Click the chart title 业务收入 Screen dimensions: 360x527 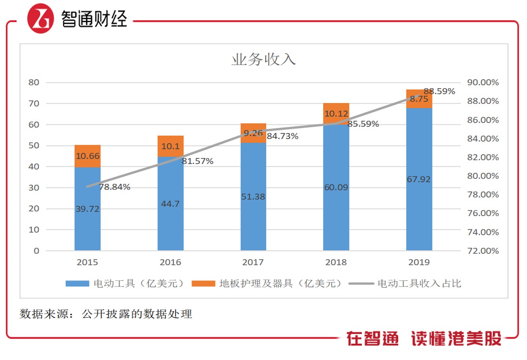(x=263, y=59)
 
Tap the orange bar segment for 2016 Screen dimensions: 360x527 (x=171, y=146)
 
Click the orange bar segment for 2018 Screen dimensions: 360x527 (x=336, y=114)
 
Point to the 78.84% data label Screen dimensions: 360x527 (x=114, y=187)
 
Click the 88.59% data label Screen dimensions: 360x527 (x=439, y=91)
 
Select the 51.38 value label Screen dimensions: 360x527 (x=253, y=197)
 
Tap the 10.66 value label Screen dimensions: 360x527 (x=87, y=156)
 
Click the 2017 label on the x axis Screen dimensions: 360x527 (x=253, y=262)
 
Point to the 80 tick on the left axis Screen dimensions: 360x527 (x=34, y=82)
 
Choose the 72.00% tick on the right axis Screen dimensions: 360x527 (x=483, y=251)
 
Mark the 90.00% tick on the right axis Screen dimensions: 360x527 (x=483, y=82)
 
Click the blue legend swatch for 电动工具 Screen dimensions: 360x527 (x=77, y=284)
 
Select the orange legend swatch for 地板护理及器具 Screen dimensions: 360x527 (x=203, y=284)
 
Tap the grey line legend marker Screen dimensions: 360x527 (x=361, y=284)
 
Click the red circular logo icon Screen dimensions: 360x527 (x=40, y=18)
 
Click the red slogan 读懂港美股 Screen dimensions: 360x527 (x=456, y=338)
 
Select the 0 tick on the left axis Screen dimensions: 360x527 (x=36, y=251)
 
